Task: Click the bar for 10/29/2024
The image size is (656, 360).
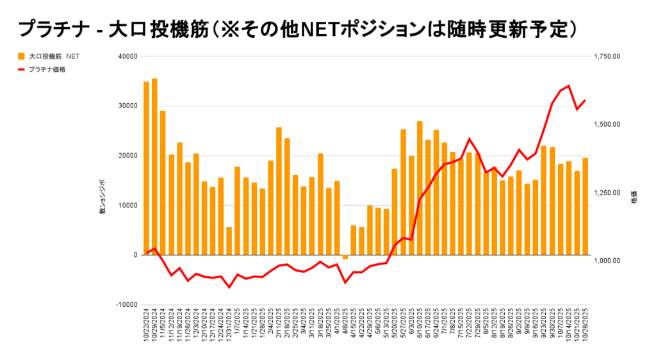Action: pyautogui.click(x=154, y=167)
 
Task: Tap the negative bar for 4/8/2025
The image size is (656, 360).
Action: pyautogui.click(x=345, y=257)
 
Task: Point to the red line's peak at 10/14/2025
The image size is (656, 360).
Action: pyautogui.click(x=569, y=86)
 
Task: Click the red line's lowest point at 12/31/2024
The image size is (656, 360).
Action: pyautogui.click(x=229, y=287)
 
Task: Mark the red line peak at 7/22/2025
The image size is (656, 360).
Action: pyautogui.click(x=469, y=138)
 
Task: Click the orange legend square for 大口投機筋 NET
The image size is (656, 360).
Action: pyautogui.click(x=22, y=56)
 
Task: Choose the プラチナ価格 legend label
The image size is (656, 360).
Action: pyautogui.click(x=47, y=69)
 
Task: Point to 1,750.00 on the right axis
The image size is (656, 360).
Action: pyautogui.click(x=607, y=56)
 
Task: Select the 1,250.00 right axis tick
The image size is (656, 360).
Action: pyautogui.click(x=607, y=193)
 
